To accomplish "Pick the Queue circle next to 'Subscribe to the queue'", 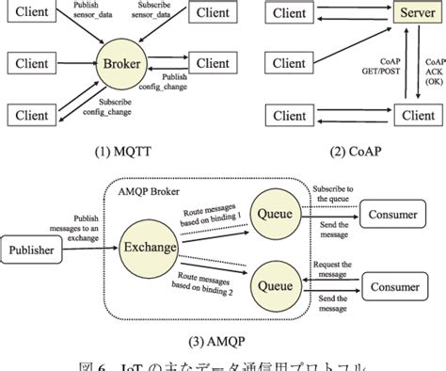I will pos(273,214).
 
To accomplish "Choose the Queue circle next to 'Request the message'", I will pos(273,282).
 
